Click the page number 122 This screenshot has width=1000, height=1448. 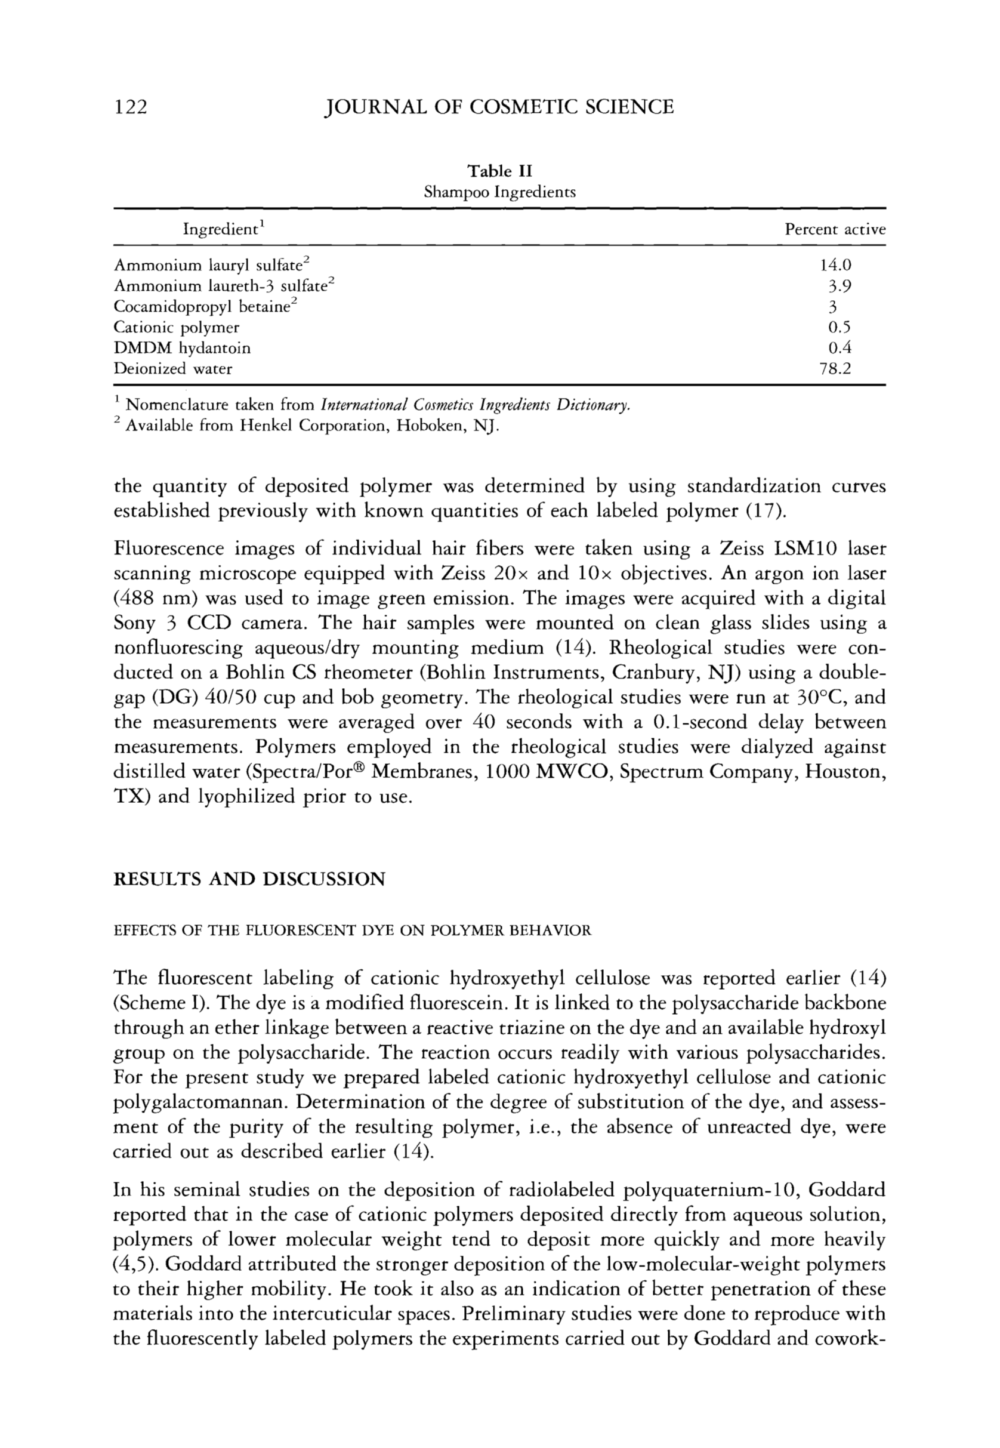click(130, 107)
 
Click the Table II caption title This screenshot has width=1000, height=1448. click(499, 171)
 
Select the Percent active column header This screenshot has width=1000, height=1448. click(835, 229)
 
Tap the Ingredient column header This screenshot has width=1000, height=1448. click(222, 229)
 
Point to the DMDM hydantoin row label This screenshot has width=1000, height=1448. click(182, 348)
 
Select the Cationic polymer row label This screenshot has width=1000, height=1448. click(176, 327)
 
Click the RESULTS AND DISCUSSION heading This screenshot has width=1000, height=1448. click(249, 879)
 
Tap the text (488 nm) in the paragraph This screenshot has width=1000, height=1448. click(148, 599)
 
